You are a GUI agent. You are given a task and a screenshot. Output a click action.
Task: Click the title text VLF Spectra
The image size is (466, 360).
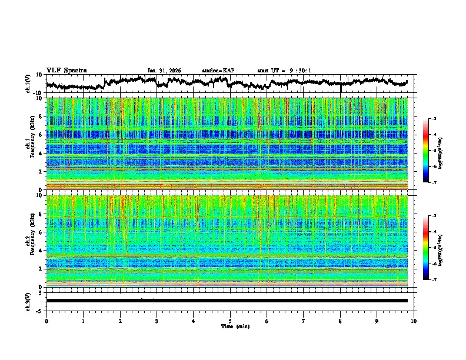66,70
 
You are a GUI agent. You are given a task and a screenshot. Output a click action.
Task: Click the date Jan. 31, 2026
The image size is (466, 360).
164,71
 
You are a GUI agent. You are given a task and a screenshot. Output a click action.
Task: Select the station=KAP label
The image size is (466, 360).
218,71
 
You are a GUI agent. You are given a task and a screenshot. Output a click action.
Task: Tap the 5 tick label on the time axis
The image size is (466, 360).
230,321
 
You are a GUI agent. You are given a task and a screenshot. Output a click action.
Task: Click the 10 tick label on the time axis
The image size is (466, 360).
414,321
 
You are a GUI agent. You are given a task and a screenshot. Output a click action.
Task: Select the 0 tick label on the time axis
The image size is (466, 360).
46,321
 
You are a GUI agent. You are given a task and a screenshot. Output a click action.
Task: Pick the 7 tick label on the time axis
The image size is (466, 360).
304,321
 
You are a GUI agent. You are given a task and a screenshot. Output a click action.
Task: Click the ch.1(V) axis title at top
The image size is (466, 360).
29,84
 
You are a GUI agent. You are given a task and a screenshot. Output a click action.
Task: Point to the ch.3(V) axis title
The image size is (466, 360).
29,300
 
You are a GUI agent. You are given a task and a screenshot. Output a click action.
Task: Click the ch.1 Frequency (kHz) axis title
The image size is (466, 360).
29,144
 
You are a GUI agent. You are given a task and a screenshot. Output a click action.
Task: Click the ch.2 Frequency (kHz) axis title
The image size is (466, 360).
29,241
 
